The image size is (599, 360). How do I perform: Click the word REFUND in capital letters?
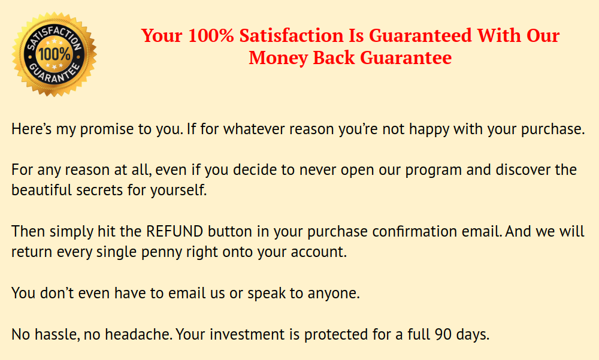(174, 232)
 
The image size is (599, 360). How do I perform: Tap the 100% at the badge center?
(55, 54)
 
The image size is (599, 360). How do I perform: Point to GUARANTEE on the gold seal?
(55, 72)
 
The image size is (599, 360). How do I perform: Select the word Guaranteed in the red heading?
(420, 35)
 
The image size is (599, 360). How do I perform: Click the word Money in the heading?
(278, 58)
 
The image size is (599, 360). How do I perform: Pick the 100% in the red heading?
(211, 35)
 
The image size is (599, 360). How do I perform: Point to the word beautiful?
(42, 190)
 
